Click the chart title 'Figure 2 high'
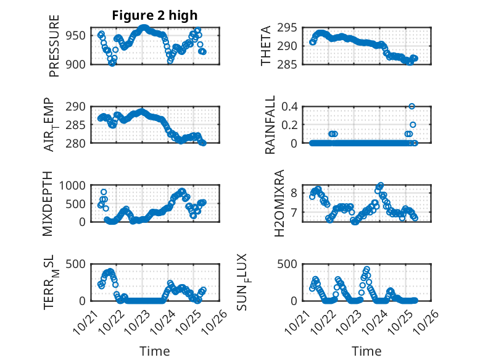tap(155, 15)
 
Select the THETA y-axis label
tap(266, 46)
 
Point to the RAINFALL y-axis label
tap(270, 126)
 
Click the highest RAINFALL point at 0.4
tap(412, 106)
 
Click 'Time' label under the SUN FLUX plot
tap(366, 351)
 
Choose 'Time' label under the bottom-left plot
tap(155, 351)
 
